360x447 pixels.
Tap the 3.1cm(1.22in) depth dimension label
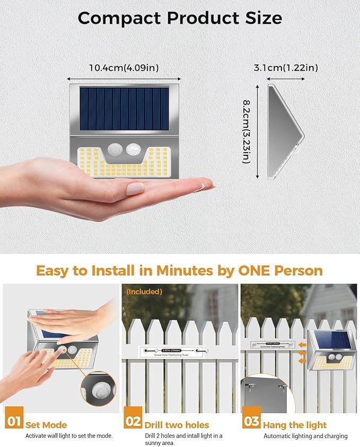[286, 67]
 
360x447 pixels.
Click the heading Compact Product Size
[180, 17]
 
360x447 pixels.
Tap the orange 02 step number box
[133, 422]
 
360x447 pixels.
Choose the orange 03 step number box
[252, 422]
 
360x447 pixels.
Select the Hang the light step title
[295, 425]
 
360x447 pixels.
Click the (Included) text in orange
[144, 291]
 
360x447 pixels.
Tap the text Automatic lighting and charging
[306, 436]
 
